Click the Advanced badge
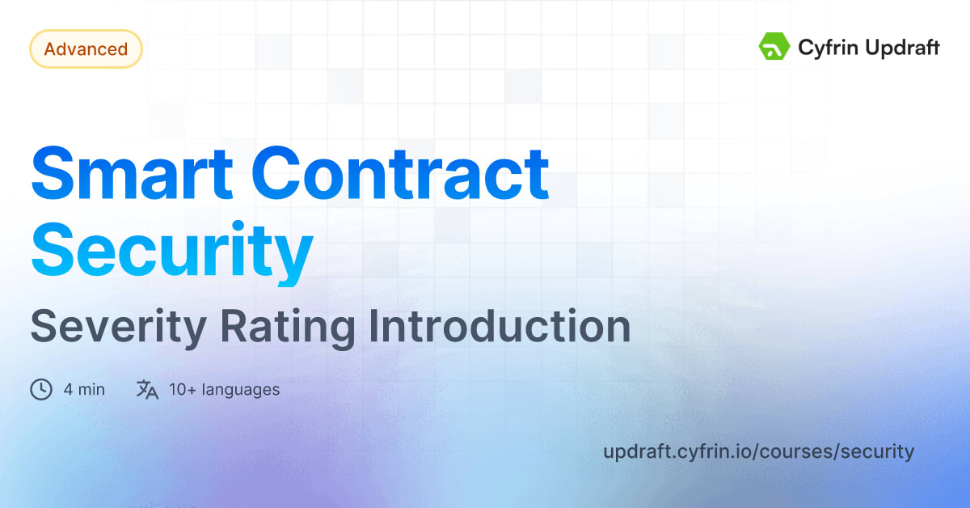86,49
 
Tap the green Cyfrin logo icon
774,47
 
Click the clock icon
40,390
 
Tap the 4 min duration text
84,390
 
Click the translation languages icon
147,390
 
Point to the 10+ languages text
224,390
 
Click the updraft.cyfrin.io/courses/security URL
758,451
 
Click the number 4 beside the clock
69,390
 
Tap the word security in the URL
877,451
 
